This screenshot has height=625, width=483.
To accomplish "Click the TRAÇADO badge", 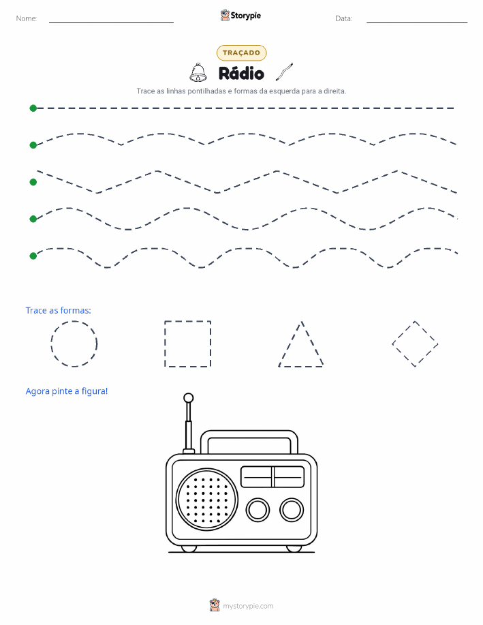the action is (x=241, y=52).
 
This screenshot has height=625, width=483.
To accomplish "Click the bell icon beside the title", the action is (x=198, y=72).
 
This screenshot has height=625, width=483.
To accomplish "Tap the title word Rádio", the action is (x=241, y=74).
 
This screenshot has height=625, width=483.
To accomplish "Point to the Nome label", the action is (x=27, y=18).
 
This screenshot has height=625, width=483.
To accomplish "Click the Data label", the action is (x=343, y=18).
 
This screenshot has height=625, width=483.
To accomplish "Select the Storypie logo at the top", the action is (x=240, y=16).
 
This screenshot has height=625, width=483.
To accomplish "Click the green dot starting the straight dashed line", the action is (x=33, y=108).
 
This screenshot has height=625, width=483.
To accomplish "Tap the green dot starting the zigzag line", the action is (x=33, y=182).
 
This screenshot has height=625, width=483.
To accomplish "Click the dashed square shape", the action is (x=165, y=344).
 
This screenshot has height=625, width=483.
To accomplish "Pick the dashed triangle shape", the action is (x=301, y=366).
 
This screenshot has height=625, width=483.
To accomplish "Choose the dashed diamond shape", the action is (x=403, y=333).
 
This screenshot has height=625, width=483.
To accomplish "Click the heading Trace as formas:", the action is (x=58, y=311).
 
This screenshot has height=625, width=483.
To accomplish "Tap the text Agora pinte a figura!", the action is (x=67, y=391).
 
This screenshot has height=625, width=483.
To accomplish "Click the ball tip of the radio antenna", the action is (x=189, y=398).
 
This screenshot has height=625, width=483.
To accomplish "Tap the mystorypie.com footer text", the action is (x=248, y=606).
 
